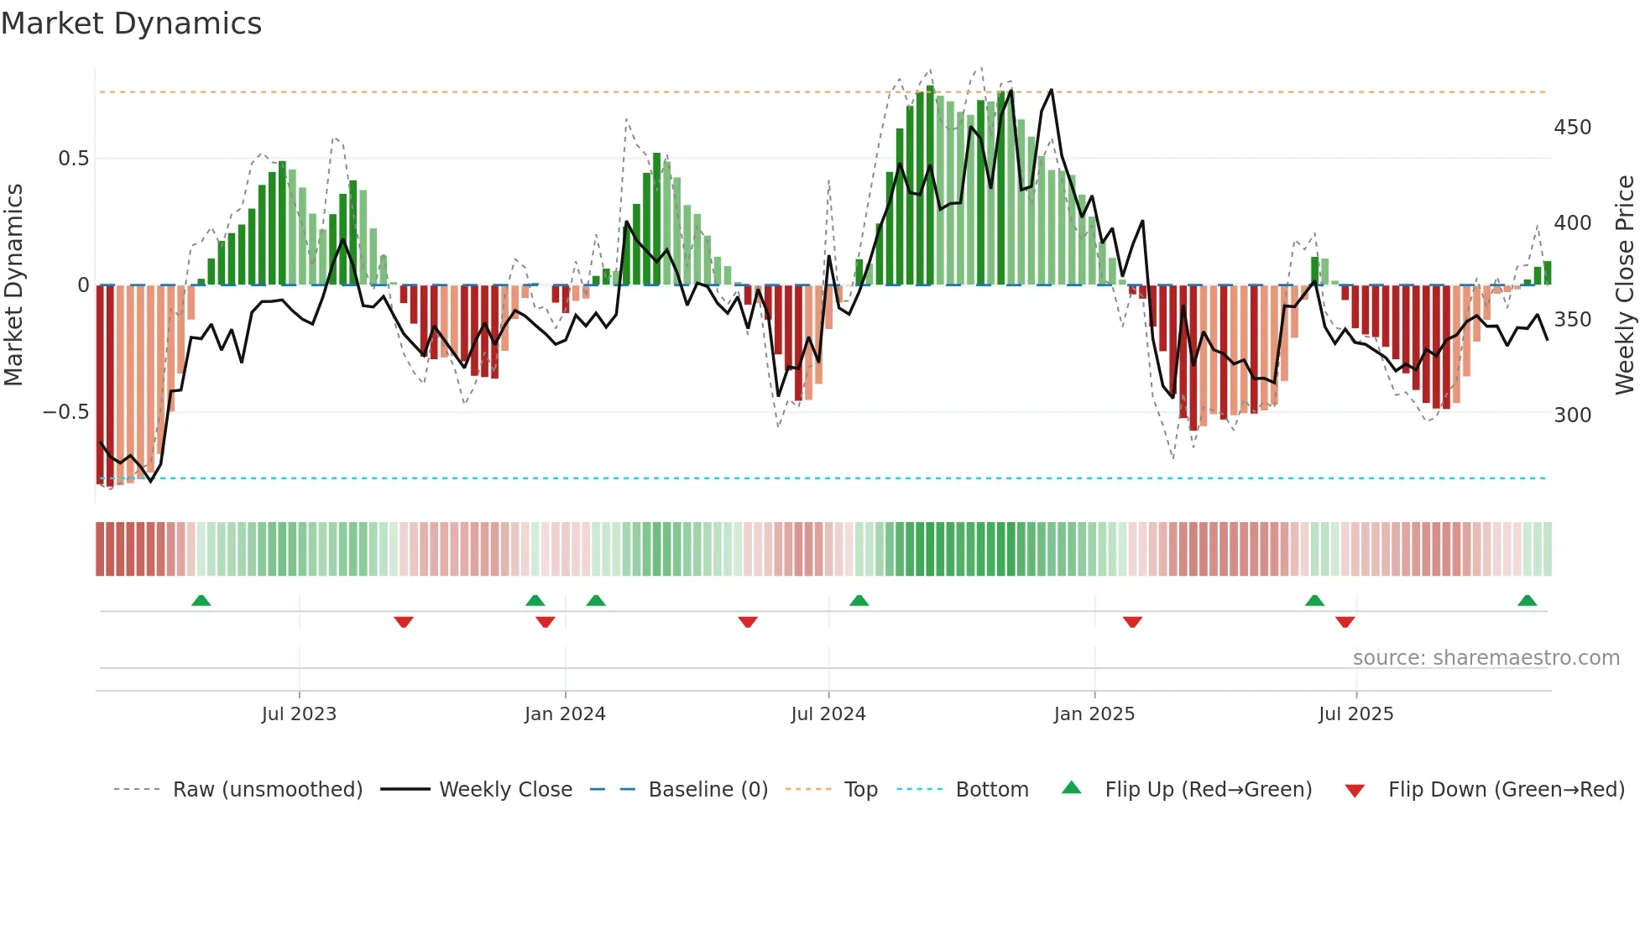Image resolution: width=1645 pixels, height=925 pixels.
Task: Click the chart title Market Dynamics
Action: click(131, 24)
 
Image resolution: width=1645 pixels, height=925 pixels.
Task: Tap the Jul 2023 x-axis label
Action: click(299, 714)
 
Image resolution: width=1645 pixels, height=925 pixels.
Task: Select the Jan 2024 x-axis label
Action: click(565, 714)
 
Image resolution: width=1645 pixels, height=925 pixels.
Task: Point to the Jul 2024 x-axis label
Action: click(828, 714)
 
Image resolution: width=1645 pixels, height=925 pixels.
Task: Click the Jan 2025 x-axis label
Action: click(1094, 714)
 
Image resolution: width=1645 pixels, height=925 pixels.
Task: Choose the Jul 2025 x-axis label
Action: click(1356, 714)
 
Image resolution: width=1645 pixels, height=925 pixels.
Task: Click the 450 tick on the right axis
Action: click(1573, 128)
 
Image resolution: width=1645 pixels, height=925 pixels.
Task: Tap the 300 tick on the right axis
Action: click(1573, 415)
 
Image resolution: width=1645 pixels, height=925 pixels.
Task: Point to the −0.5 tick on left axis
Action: click(65, 412)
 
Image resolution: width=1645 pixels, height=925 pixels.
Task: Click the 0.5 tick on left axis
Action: click(73, 159)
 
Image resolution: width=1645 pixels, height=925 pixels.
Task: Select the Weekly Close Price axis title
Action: click(1626, 285)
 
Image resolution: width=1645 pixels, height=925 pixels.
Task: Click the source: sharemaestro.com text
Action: click(1486, 658)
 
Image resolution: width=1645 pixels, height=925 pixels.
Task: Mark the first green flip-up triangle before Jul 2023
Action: click(201, 600)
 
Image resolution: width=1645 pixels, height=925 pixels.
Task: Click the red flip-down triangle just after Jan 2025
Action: click(1132, 622)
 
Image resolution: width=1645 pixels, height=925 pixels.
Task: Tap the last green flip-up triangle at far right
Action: click(1527, 600)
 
